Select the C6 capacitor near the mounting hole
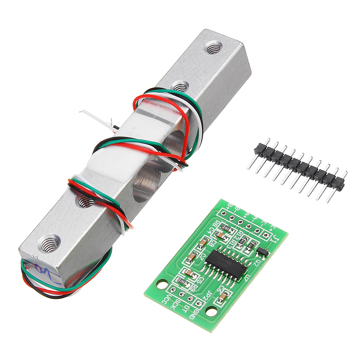pos(223,297)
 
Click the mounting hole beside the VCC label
pos(162,284)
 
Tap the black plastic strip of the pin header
pos(299,166)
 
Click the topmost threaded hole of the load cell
pos(212,47)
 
